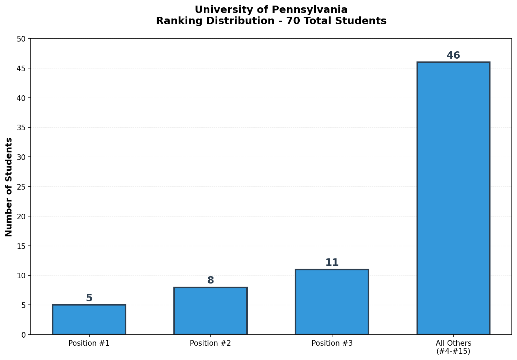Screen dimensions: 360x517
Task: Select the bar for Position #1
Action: pos(89,319)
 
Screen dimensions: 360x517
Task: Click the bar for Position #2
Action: pos(210,311)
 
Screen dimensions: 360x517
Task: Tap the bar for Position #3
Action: pos(332,302)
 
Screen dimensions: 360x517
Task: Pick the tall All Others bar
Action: pos(453,198)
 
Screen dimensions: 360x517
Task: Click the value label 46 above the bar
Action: pos(453,56)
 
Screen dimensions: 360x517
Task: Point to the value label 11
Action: pos(332,263)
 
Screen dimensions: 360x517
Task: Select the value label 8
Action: pos(210,280)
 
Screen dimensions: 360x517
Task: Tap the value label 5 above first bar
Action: pos(89,298)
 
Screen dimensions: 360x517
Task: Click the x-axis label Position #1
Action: pos(89,343)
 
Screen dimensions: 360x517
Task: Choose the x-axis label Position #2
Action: pos(210,343)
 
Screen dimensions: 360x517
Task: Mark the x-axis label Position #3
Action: pos(332,343)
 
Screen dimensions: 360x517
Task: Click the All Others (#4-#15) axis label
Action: pos(453,347)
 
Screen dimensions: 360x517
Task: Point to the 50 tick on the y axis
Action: pos(22,39)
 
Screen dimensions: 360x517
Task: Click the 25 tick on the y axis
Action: pos(22,187)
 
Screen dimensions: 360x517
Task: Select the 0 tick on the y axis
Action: pos(24,335)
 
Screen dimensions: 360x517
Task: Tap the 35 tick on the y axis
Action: pos(22,127)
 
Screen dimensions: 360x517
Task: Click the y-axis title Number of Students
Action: pos(9,187)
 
